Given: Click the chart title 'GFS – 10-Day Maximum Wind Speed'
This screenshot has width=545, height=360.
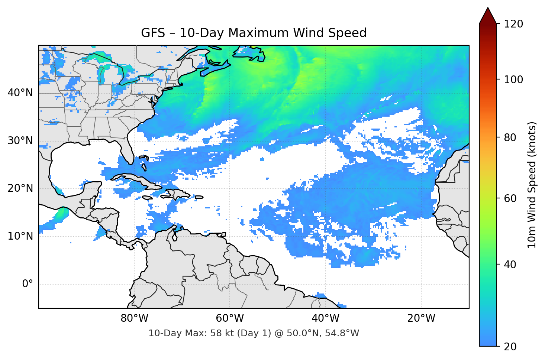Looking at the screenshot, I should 254,33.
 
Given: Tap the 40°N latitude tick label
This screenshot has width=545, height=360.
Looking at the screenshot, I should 20,93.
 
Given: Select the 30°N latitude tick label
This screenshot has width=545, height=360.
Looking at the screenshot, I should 20,141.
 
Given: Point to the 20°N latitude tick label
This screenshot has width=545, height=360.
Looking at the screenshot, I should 20,188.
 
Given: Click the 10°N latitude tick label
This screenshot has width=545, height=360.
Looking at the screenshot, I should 20,236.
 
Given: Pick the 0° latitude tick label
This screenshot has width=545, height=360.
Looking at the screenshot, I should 27,284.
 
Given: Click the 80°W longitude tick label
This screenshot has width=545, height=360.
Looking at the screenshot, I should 134,318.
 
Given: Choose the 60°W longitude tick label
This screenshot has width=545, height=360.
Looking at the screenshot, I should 230,318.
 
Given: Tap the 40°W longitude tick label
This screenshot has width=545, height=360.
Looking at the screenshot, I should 325,318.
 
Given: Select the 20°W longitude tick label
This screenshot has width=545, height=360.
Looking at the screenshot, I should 421,318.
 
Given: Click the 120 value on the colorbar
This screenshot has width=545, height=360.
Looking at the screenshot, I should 513,24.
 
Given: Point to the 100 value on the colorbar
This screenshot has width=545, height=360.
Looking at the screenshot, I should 513,80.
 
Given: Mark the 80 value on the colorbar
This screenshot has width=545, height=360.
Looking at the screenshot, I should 510,137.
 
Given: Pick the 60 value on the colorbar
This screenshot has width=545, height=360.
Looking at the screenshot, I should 510,198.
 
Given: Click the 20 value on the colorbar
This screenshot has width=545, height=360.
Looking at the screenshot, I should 510,347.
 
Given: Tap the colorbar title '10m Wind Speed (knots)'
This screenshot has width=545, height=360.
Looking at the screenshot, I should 532,185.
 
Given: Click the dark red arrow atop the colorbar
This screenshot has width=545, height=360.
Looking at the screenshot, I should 488,16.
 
